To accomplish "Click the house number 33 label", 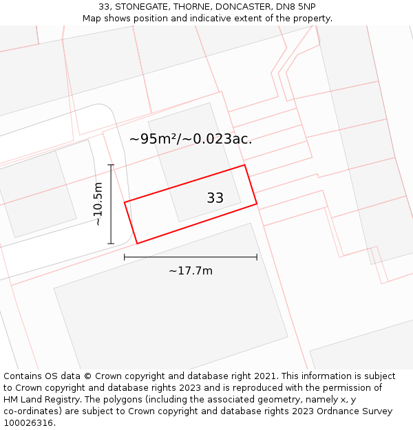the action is tap(215, 198).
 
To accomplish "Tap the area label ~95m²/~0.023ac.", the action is tap(191, 139).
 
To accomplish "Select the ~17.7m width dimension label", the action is tap(191, 271).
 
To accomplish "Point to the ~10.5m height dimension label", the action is tap(98, 204).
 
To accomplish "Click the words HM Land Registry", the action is tap(41, 400).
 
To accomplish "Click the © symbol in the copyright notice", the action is tap(87, 376).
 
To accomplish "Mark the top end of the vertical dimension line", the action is tap(111, 164).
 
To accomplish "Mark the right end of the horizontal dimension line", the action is tap(257, 257).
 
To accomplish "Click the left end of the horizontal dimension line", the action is tap(125, 257).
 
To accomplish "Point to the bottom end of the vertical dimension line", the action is tap(111, 244).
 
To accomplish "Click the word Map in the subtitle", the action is tap(92, 19).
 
